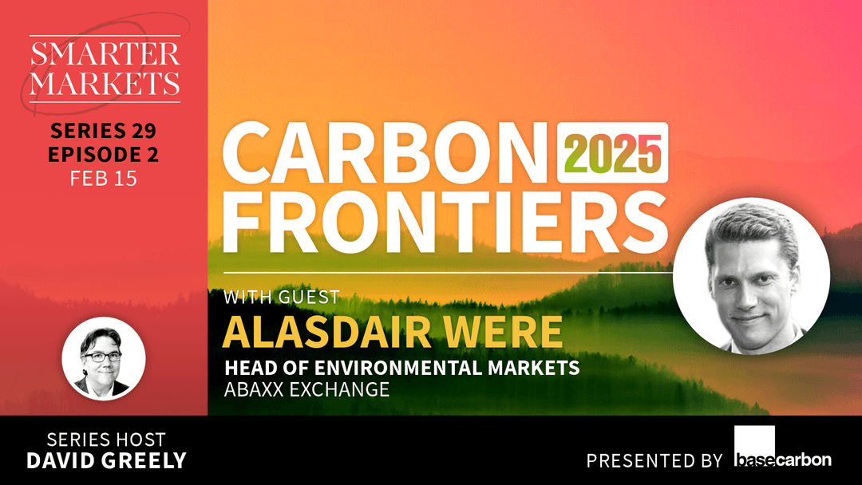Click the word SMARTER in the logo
click(x=105, y=56)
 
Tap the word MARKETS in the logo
click(x=105, y=82)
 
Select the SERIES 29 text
click(x=103, y=132)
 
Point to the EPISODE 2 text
click(x=103, y=155)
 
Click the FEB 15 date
click(x=103, y=178)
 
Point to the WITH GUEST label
click(x=282, y=298)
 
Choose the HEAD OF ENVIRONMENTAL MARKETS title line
click(x=401, y=369)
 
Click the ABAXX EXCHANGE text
click(x=306, y=390)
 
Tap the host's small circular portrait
click(x=104, y=359)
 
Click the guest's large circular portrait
click(x=751, y=275)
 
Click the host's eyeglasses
click(x=101, y=357)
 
